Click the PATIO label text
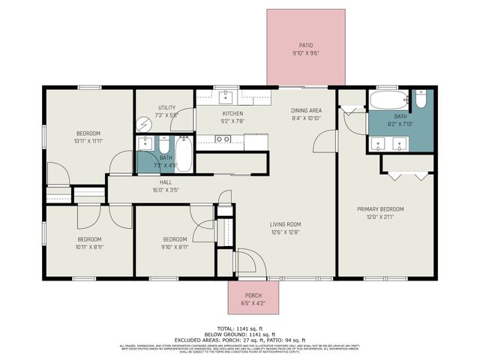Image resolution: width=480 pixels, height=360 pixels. click(x=306, y=45)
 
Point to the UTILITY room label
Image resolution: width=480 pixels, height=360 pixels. click(x=166, y=107)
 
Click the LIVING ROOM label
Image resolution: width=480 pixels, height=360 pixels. click(x=286, y=223)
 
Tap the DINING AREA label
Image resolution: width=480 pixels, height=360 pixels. click(x=306, y=110)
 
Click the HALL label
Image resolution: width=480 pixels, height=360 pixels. click(x=166, y=182)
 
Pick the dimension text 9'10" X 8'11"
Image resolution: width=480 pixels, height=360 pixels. click(x=175, y=247)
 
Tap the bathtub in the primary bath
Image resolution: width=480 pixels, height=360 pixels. click(x=389, y=100)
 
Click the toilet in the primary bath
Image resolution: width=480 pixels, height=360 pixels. click(x=421, y=100)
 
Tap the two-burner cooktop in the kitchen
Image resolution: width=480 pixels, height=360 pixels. click(x=222, y=139)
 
